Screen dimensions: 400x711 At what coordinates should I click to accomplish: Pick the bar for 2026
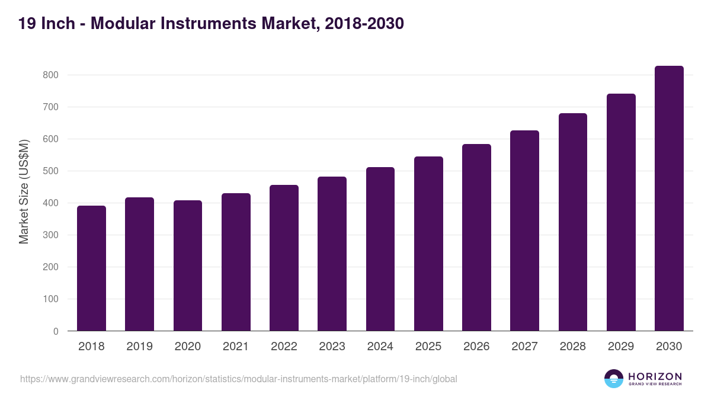click(x=476, y=238)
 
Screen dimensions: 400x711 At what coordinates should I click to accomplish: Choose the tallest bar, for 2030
click(x=669, y=199)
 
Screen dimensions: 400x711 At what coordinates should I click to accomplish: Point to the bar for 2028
click(x=572, y=222)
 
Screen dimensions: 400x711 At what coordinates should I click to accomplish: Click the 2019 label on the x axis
click(x=139, y=347)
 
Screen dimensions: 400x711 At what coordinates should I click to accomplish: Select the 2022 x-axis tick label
click(x=284, y=347)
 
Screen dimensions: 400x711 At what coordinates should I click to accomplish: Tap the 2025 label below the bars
click(x=428, y=347)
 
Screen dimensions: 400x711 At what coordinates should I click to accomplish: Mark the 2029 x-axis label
click(x=621, y=347)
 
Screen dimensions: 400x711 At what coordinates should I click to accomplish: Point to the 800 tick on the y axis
click(x=50, y=75)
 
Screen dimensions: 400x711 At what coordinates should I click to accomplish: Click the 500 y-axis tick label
click(x=50, y=171)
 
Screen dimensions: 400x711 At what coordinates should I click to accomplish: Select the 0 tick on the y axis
click(x=56, y=331)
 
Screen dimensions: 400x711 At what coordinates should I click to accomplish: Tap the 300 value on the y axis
click(x=50, y=235)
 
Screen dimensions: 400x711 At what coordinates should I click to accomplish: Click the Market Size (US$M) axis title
click(x=24, y=191)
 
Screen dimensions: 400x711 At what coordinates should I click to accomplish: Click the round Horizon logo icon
click(x=614, y=379)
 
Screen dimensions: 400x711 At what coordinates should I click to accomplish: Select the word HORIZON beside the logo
click(x=655, y=376)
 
